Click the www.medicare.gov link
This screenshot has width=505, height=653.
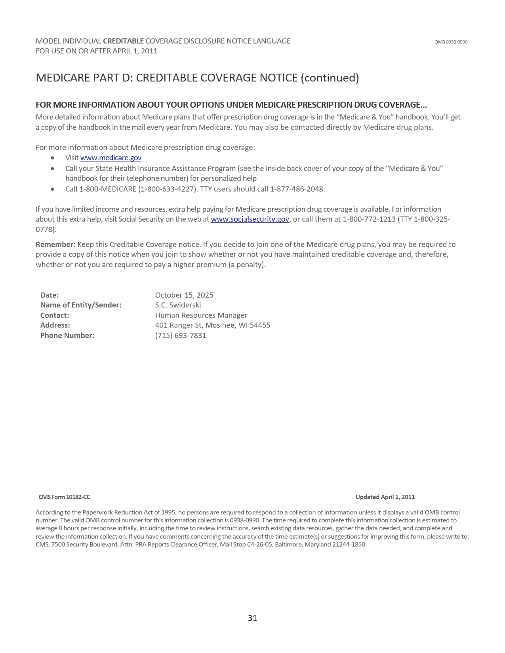[111, 158]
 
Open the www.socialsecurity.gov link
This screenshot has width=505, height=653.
[250, 219]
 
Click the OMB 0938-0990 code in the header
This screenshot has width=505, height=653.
[450, 42]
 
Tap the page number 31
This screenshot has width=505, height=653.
[252, 618]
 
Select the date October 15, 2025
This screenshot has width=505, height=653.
[184, 295]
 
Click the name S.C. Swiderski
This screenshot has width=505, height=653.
[178, 305]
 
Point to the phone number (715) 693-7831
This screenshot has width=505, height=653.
[181, 336]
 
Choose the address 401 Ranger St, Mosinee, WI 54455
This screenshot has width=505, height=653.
[213, 325]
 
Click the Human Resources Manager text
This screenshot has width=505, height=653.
[201, 315]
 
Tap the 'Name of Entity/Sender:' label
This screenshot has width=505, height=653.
[81, 305]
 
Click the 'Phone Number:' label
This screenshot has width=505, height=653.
[67, 336]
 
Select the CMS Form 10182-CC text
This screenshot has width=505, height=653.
[64, 497]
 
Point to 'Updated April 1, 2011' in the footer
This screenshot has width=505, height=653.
[385, 497]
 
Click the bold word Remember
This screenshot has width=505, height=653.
[54, 245]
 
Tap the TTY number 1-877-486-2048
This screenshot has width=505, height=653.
[297, 189]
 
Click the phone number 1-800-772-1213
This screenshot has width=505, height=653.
[369, 219]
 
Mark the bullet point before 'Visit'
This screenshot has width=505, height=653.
[53, 158]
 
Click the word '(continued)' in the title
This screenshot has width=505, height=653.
[330, 78]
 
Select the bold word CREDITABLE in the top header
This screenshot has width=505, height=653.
[123, 41]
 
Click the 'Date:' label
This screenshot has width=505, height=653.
[50, 295]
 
